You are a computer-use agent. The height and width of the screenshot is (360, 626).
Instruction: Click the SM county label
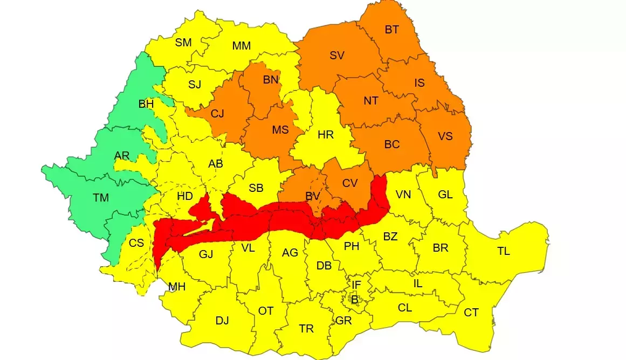click(x=183, y=43)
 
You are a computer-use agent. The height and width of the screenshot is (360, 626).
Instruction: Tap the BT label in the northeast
click(x=392, y=30)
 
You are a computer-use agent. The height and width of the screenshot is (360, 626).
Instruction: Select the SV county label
click(x=337, y=55)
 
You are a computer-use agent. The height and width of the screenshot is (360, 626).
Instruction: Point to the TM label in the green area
click(x=101, y=198)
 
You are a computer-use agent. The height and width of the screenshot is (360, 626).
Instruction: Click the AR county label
click(x=122, y=156)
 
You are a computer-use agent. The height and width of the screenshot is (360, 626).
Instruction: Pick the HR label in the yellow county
click(x=326, y=135)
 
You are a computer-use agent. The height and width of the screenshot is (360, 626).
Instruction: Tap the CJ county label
click(x=218, y=114)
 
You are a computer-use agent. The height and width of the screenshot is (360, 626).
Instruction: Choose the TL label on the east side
click(x=504, y=251)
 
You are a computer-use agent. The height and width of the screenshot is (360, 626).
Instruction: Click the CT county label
click(x=471, y=313)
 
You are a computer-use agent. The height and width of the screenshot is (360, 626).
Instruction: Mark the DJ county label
click(x=222, y=321)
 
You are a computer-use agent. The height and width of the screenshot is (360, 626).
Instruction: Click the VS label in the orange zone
click(x=445, y=136)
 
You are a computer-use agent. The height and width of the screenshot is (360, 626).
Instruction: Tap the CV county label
click(x=350, y=183)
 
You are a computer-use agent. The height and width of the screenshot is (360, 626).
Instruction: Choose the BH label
click(x=146, y=104)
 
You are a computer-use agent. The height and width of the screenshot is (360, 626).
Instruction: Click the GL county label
click(x=445, y=195)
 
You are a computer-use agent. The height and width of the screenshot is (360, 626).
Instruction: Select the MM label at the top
click(x=242, y=46)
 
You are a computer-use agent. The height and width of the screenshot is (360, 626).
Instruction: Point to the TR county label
click(x=306, y=329)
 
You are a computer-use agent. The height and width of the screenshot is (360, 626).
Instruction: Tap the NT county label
click(x=371, y=101)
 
